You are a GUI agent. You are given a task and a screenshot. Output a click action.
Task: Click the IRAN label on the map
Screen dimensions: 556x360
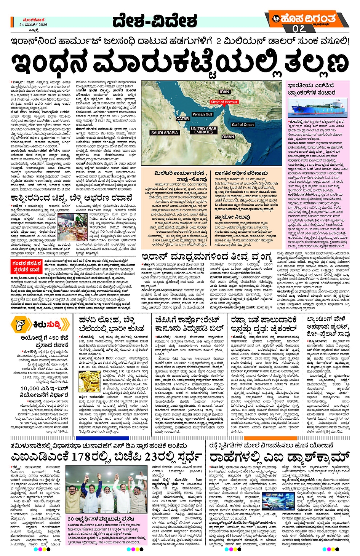point(224,92)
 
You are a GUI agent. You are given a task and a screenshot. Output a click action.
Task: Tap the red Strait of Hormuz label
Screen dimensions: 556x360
point(224,102)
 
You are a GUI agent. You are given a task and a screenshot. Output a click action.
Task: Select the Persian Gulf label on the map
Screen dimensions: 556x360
point(202,114)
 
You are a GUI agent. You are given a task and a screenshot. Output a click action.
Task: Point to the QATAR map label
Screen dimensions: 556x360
point(182,119)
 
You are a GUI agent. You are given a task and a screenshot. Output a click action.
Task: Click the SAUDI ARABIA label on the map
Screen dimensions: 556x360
point(164,133)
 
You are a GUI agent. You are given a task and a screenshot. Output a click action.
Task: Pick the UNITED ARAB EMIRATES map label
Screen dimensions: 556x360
point(203,130)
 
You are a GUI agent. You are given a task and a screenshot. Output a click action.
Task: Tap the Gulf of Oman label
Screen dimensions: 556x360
point(242,125)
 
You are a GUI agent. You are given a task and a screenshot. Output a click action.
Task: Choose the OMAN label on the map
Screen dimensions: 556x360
point(228,137)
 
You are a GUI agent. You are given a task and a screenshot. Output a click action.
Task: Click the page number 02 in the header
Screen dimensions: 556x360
point(299,29)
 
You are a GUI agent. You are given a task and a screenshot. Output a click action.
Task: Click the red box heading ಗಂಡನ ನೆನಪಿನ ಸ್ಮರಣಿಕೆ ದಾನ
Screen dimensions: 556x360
point(27,266)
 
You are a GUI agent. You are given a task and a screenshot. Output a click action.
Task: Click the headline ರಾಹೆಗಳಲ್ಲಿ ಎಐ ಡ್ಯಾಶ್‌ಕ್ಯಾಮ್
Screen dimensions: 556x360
point(279,457)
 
